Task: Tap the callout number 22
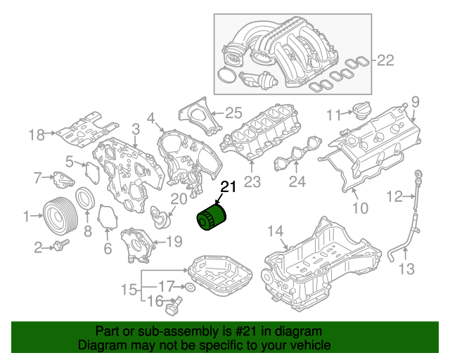[386, 60]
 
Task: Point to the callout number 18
[37, 134]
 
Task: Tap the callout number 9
[415, 101]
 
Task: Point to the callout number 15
[129, 289]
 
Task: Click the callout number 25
[233, 112]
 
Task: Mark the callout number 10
[359, 207]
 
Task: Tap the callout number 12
[396, 195]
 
